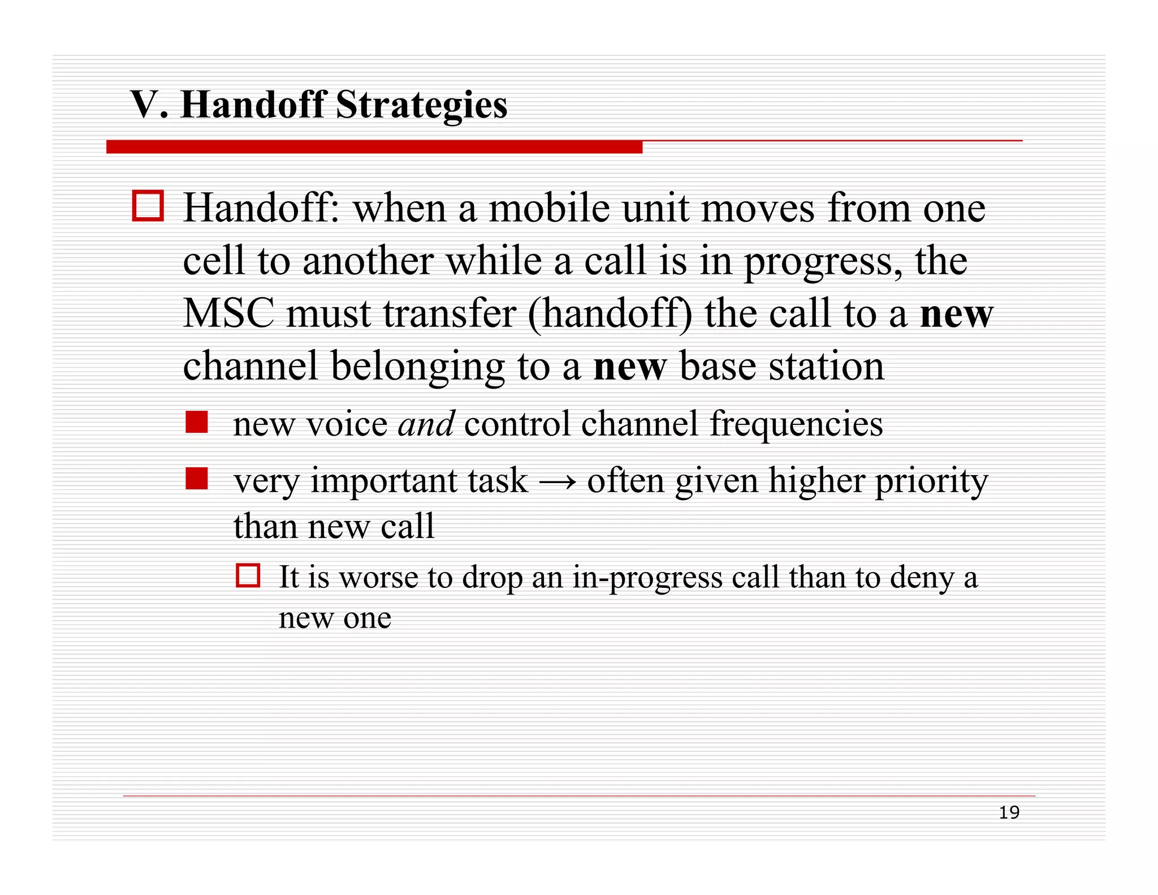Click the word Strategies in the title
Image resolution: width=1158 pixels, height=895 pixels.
pyautogui.click(x=421, y=106)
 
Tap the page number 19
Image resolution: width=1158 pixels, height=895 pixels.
pyautogui.click(x=1009, y=813)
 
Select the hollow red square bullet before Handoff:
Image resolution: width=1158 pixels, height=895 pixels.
pyautogui.click(x=148, y=206)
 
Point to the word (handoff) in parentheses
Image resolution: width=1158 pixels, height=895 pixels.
pyautogui.click(x=610, y=314)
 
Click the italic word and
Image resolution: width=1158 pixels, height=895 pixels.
pyautogui.click(x=426, y=424)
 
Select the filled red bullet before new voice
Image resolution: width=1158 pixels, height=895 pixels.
pyautogui.click(x=197, y=422)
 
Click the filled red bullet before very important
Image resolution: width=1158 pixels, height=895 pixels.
pyautogui.click(x=197, y=479)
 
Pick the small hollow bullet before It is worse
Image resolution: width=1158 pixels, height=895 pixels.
pyautogui.click(x=248, y=576)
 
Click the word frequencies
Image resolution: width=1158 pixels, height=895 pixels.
pyautogui.click(x=796, y=424)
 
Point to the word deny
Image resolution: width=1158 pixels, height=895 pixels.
pyautogui.click(x=922, y=578)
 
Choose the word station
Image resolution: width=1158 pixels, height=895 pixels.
pyautogui.click(x=826, y=367)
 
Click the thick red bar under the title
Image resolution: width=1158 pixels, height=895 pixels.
pyautogui.click(x=374, y=147)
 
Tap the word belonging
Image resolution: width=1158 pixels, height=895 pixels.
pyautogui.click(x=417, y=367)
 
